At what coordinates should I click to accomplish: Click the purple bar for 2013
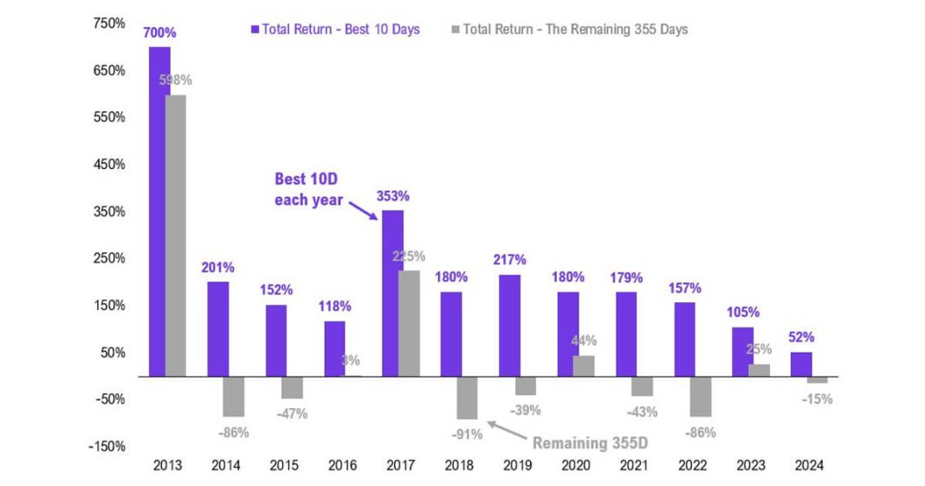pyautogui.click(x=159, y=211)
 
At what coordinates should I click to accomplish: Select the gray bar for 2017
pyautogui.click(x=408, y=323)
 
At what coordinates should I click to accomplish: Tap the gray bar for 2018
pyautogui.click(x=467, y=398)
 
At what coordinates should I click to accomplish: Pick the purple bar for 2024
pyautogui.click(x=801, y=364)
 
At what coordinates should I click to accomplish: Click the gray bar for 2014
pyautogui.click(x=233, y=397)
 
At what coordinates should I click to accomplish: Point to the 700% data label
pyautogui.click(x=160, y=33)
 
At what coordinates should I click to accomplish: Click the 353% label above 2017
pyautogui.click(x=392, y=196)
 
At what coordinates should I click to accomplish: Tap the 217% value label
pyautogui.click(x=509, y=260)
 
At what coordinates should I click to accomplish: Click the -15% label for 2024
pyautogui.click(x=817, y=399)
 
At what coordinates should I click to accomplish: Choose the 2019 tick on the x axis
pyautogui.click(x=517, y=465)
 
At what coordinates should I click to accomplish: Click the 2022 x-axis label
pyautogui.click(x=692, y=465)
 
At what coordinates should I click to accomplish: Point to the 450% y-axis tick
pyautogui.click(x=109, y=164)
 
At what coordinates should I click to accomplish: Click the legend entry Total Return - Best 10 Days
pyautogui.click(x=334, y=29)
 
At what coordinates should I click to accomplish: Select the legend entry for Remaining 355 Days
pyautogui.click(x=569, y=29)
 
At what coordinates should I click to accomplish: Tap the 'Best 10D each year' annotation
pyautogui.click(x=309, y=190)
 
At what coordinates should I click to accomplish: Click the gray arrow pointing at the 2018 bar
pyautogui.click(x=506, y=429)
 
